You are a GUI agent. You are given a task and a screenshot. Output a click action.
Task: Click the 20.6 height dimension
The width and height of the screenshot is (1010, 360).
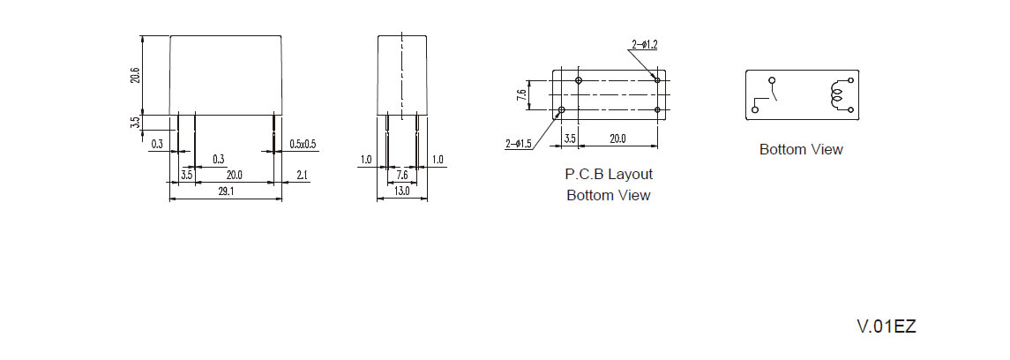click(x=136, y=75)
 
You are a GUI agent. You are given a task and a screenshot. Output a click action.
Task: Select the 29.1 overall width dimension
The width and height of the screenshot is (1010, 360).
click(x=225, y=191)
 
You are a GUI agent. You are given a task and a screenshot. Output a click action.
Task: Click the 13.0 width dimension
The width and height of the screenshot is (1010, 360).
click(x=401, y=191)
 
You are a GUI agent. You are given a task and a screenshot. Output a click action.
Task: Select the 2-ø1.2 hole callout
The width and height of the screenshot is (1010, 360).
click(x=645, y=44)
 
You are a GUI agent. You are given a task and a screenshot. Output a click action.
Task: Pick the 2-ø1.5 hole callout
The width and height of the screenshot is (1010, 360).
click(x=520, y=143)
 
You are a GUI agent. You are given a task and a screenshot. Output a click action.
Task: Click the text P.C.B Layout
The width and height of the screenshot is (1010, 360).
click(x=609, y=175)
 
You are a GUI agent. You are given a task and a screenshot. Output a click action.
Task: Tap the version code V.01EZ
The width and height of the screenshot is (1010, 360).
click(x=887, y=326)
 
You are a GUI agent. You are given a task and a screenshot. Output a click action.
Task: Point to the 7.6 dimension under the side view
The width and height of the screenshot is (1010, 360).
click(x=401, y=176)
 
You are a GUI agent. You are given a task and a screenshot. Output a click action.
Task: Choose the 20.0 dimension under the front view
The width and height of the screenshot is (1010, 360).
click(x=235, y=176)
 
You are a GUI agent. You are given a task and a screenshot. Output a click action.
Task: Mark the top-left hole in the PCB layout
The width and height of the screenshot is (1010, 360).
click(x=579, y=81)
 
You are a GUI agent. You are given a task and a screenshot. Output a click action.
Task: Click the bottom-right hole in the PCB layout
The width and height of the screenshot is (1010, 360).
click(x=657, y=110)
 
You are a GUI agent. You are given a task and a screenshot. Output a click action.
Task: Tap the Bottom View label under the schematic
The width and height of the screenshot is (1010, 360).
click(x=801, y=150)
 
